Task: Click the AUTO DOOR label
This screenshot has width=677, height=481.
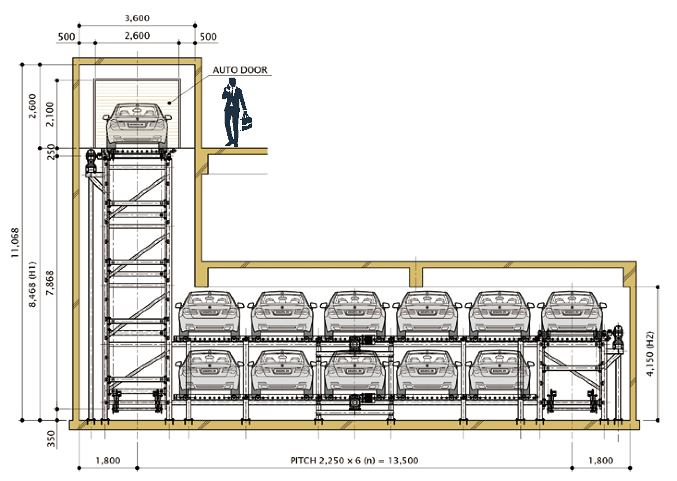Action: pos(240,70)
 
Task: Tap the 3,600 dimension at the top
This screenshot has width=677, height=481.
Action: pos(137,18)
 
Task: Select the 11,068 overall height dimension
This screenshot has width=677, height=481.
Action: pos(15,243)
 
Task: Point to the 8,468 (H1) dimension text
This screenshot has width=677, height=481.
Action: pos(32,284)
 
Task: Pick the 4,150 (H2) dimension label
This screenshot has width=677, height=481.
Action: pos(650,353)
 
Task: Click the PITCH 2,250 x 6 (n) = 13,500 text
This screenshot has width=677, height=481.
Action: pos(354,460)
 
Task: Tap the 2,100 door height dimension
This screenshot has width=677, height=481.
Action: pos(50,114)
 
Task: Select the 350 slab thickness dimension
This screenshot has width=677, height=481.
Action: pos(51,439)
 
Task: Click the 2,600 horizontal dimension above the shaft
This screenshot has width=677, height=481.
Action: pos(137,36)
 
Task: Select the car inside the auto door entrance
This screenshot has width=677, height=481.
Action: pos(137,124)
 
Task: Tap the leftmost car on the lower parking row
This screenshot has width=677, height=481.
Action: pos(210,372)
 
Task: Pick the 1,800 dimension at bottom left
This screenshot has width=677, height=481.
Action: pos(108,460)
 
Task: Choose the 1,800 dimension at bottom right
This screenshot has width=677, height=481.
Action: pos(601,460)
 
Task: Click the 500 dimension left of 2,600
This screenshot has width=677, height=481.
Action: pos(67,37)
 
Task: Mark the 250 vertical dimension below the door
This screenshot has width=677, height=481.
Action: pos(51,152)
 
